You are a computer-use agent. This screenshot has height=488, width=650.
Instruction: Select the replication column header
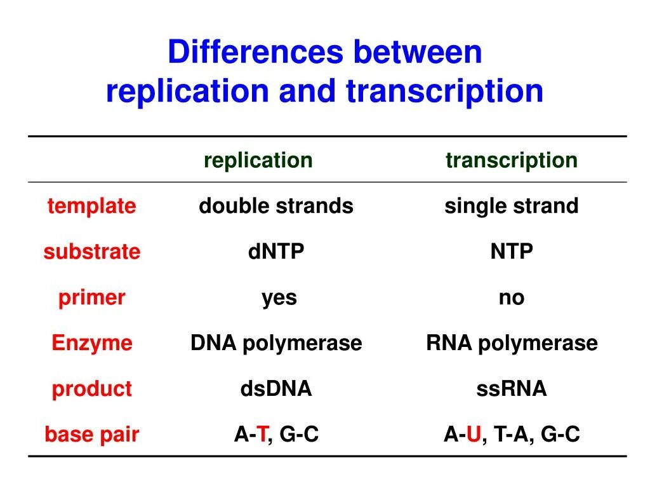[x=258, y=160]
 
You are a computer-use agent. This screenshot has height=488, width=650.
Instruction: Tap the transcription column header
[x=512, y=160]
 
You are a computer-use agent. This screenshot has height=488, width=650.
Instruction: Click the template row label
[x=91, y=206]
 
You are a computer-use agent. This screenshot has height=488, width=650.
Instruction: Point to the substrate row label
[x=91, y=252]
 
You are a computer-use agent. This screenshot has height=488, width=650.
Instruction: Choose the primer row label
[x=91, y=297]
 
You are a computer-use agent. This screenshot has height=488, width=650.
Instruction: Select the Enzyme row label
[x=91, y=343]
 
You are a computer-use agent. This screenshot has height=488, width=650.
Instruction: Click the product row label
[x=91, y=389]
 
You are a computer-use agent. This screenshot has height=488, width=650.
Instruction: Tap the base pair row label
[x=91, y=435]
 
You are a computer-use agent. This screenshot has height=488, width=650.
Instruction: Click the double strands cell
[x=276, y=206]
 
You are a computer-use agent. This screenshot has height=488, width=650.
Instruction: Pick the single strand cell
[x=512, y=206]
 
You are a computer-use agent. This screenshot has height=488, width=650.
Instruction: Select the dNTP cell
[x=276, y=252]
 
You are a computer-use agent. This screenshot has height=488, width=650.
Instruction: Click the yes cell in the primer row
[x=279, y=298]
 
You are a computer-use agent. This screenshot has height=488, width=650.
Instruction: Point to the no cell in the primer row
[x=512, y=298]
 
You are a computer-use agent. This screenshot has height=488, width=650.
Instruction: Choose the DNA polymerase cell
[x=276, y=343]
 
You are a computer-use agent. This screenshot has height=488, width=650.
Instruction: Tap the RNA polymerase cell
[x=512, y=343]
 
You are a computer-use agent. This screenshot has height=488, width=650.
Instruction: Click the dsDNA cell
[x=276, y=389]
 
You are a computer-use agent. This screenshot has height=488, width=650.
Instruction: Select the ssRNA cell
[x=512, y=389]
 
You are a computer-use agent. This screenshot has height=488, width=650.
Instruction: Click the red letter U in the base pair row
[x=473, y=435]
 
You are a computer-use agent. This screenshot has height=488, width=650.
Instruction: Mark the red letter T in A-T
[x=260, y=435]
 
